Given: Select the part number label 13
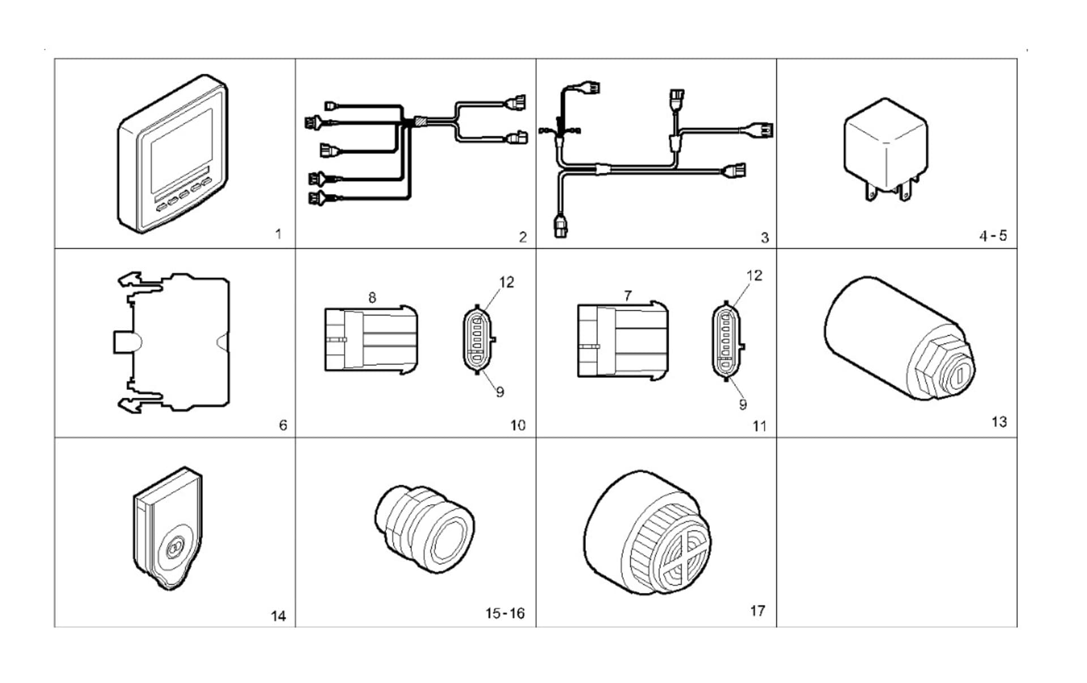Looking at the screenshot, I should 999,422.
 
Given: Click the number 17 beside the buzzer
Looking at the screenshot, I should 758,611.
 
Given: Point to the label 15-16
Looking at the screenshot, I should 504,613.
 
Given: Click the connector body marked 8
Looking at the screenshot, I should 371,340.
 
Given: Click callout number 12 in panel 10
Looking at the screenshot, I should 506,282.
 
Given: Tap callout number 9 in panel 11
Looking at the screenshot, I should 743,404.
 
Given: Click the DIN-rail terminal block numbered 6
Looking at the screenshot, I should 176,343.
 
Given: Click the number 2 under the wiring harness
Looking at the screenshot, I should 523,237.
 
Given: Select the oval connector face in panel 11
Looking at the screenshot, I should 727,341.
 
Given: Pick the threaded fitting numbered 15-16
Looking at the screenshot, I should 425,530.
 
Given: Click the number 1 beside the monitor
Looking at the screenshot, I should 278,234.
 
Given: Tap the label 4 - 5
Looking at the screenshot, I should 993,236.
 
